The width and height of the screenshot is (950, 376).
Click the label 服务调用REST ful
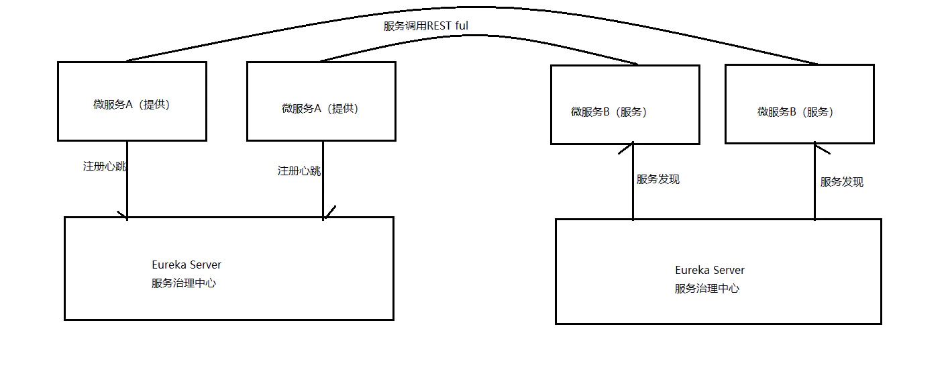coord(425,26)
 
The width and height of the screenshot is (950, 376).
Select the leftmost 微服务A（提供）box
coord(131,101)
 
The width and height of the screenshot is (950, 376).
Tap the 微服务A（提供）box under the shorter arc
coord(321,102)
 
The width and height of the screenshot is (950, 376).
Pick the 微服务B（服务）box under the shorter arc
coord(625,105)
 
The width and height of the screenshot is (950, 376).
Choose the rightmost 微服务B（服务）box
coord(799,104)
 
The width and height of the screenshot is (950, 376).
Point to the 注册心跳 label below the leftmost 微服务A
coord(104,167)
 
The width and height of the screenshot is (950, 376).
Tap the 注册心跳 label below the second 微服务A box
coord(299,171)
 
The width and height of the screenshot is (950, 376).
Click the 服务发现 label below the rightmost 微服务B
coord(841,182)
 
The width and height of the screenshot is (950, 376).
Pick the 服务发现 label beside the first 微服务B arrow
coord(657,179)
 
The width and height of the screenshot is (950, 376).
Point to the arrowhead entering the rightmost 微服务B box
coord(815,146)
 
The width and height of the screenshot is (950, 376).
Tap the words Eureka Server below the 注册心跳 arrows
coord(187,265)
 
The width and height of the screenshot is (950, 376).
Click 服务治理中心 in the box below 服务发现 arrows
coord(707,289)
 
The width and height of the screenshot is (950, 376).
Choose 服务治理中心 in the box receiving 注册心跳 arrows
coord(184,283)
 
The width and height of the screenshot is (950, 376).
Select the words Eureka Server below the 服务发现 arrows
coord(710,270)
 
